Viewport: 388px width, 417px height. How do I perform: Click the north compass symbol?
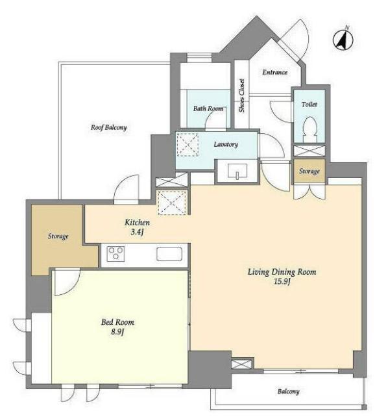coord(343,40)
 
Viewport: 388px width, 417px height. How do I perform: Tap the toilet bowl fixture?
coord(309,129)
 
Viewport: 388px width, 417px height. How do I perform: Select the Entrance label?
coord(274,72)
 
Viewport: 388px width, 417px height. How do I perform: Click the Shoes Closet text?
coord(241,95)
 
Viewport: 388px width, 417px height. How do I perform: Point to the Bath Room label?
coord(208,108)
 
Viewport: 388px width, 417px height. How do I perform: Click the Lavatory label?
coord(226,144)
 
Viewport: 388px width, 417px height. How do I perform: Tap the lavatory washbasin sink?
coord(237,171)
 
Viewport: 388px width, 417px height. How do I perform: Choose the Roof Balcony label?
coord(108,127)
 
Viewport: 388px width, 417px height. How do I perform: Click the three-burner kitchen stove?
coord(115,254)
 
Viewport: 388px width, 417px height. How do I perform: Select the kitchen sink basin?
coord(169,254)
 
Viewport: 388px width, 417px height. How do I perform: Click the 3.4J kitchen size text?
coord(137,232)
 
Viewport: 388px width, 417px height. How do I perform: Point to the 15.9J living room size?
coord(282,281)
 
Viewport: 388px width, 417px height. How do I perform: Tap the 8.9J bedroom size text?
coord(117,332)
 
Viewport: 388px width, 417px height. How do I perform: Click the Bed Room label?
coord(117,322)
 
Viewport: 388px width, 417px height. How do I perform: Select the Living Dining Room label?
coord(282,272)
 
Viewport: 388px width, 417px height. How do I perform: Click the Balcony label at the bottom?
coord(289,391)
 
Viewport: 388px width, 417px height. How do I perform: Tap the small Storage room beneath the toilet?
coord(309,171)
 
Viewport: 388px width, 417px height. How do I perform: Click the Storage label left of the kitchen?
coord(58,236)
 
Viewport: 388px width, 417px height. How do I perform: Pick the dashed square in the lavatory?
coord(188,144)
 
